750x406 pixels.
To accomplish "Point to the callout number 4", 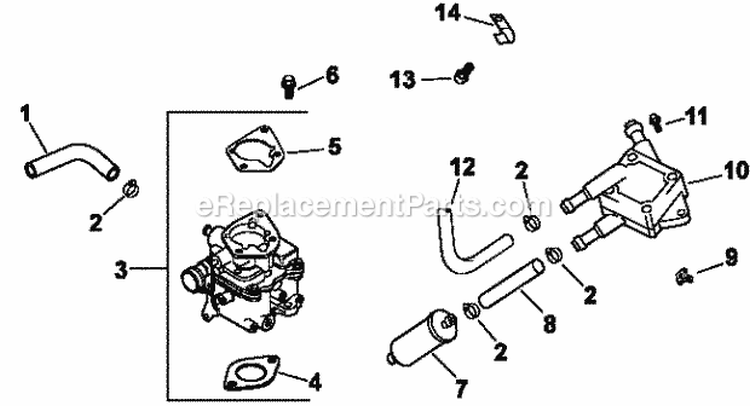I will [x=315, y=380].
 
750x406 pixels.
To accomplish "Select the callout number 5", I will [x=333, y=146].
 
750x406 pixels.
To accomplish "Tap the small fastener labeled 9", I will [x=684, y=271].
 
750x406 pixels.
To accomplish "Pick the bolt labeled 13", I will [x=461, y=74].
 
